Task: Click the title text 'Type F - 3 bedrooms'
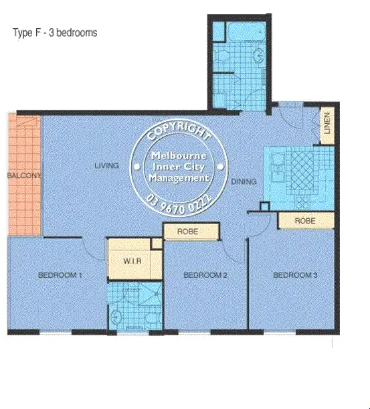55,33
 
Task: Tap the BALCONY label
24,175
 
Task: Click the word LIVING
106,165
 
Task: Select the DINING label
244,181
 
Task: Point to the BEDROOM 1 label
60,274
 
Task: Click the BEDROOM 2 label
206,274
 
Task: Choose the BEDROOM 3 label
294,274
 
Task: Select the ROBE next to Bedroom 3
305,220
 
